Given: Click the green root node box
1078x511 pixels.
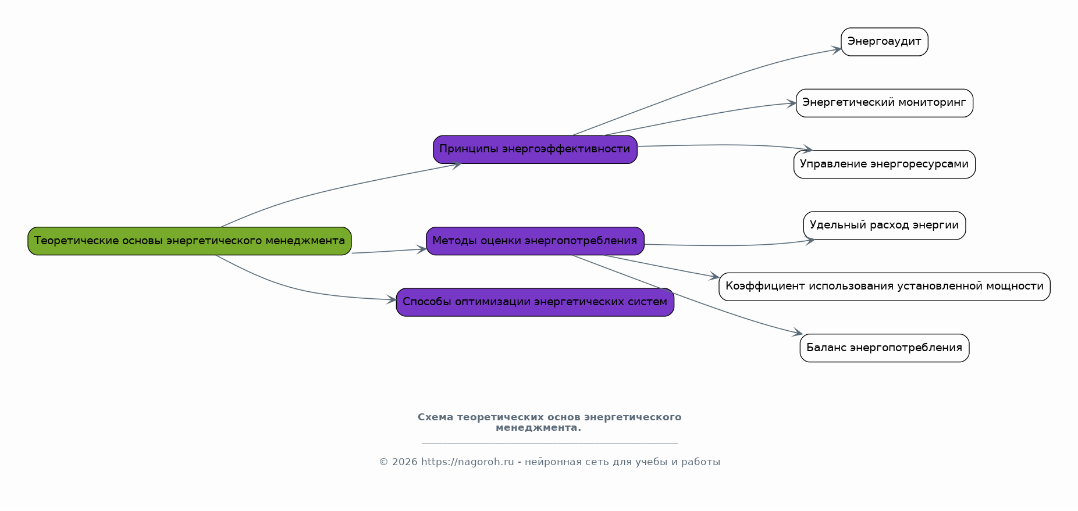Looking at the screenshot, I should [x=190, y=241].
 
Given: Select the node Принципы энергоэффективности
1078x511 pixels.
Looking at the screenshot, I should [x=535, y=149].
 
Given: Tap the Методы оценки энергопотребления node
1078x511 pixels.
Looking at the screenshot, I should [x=535, y=241].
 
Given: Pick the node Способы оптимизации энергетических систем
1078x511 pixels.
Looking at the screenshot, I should [x=535, y=302].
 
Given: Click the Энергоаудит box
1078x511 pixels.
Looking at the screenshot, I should [x=884, y=42].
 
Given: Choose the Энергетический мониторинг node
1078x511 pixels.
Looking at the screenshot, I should [x=884, y=103].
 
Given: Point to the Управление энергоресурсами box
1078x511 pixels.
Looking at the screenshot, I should [x=884, y=165].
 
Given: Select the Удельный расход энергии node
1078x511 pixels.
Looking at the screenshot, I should [x=884, y=226].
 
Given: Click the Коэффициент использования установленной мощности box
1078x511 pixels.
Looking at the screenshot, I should [x=884, y=287].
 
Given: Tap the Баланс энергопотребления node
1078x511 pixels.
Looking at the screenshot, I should [x=884, y=348].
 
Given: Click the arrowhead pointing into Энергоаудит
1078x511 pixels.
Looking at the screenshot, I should [x=837, y=49].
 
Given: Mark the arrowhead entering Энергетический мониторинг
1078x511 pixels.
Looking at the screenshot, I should [x=791, y=103].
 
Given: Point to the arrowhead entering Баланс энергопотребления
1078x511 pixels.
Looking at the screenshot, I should [x=798, y=334].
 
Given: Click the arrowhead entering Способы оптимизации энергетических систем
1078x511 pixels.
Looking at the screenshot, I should [x=392, y=300].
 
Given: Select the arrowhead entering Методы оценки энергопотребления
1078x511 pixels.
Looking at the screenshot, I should [x=421, y=249].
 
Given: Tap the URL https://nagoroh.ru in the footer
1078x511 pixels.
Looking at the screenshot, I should [x=467, y=462].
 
